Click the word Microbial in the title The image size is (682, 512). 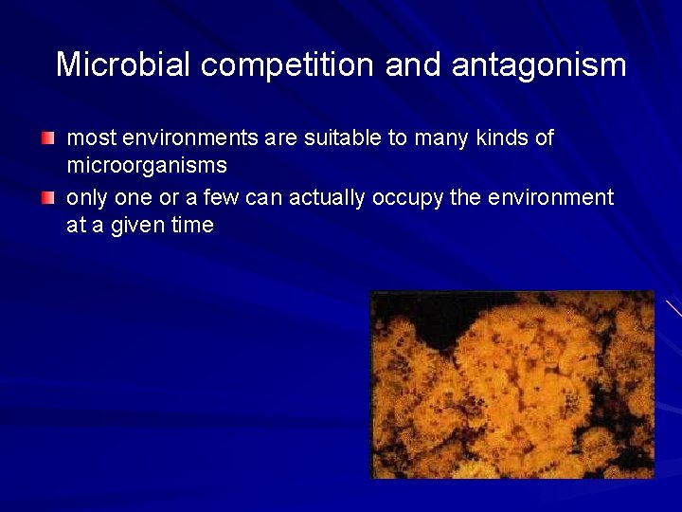124,64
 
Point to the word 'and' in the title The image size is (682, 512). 415,64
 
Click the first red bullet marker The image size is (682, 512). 47,139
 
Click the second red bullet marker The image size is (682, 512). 47,198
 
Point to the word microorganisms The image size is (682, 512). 147,166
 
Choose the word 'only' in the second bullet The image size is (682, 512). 86,197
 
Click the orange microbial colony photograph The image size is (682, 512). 512,384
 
